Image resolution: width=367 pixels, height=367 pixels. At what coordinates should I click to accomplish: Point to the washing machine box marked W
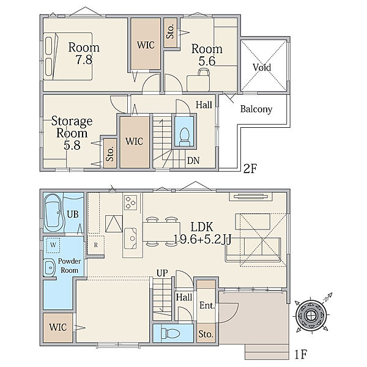[53, 245]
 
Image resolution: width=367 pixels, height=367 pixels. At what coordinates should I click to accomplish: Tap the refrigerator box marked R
[96, 245]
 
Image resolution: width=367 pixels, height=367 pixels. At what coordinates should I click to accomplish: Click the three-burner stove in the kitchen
[131, 202]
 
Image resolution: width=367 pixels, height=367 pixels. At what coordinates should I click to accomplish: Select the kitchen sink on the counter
[131, 239]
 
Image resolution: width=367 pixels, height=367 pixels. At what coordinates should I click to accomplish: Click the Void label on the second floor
[262, 67]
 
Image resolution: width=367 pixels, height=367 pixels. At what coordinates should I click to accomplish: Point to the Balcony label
[256, 109]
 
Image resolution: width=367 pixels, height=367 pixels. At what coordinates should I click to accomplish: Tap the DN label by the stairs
[193, 161]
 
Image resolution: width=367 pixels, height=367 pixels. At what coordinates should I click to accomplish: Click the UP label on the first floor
[162, 273]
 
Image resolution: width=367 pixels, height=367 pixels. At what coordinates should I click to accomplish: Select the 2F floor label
[250, 169]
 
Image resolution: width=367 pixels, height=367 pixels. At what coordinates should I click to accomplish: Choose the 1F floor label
[300, 354]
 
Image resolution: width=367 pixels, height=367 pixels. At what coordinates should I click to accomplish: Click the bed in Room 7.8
[68, 56]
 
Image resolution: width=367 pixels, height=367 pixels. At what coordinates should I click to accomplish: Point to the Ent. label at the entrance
[207, 305]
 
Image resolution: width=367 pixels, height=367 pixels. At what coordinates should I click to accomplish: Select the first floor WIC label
[58, 327]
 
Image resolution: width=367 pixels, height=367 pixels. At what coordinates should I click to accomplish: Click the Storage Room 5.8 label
[72, 133]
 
